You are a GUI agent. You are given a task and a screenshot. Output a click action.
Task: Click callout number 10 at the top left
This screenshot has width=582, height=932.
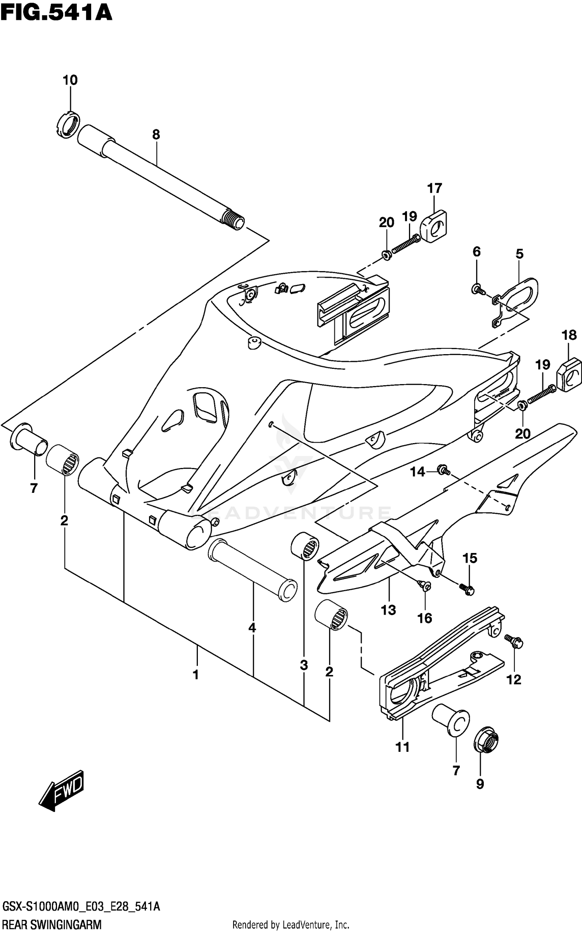point(70,80)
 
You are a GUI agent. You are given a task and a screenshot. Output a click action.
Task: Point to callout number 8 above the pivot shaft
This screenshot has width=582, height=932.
point(156,135)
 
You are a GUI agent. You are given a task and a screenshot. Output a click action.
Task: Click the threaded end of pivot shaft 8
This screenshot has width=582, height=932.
point(234,221)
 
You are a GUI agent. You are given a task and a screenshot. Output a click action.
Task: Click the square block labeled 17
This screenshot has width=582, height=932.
point(434,226)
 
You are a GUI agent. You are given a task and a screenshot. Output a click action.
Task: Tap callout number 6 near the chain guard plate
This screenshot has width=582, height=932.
point(476,252)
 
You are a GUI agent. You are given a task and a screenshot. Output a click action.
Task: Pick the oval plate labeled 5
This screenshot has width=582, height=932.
point(518,295)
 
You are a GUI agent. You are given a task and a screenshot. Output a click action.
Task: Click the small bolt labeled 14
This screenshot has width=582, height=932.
point(443,470)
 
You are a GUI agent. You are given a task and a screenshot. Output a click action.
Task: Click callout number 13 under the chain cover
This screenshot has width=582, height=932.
point(388,610)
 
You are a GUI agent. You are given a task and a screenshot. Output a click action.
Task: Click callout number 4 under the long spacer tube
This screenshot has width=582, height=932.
point(252,628)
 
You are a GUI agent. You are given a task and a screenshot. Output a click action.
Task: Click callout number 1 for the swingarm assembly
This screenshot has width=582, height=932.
point(196,675)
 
